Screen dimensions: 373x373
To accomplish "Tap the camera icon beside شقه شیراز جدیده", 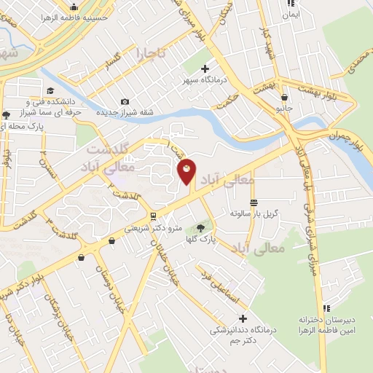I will [125, 101].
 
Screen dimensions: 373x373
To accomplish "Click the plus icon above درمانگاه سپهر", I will [205, 68].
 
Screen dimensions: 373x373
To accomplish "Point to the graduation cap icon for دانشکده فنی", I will [51, 90].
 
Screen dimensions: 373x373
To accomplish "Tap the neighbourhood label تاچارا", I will [150, 53].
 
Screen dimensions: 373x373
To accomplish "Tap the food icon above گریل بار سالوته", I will [253, 202].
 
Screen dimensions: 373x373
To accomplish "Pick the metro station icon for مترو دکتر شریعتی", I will [152, 216].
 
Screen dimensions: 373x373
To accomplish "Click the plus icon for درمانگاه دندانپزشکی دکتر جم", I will [243, 318].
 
